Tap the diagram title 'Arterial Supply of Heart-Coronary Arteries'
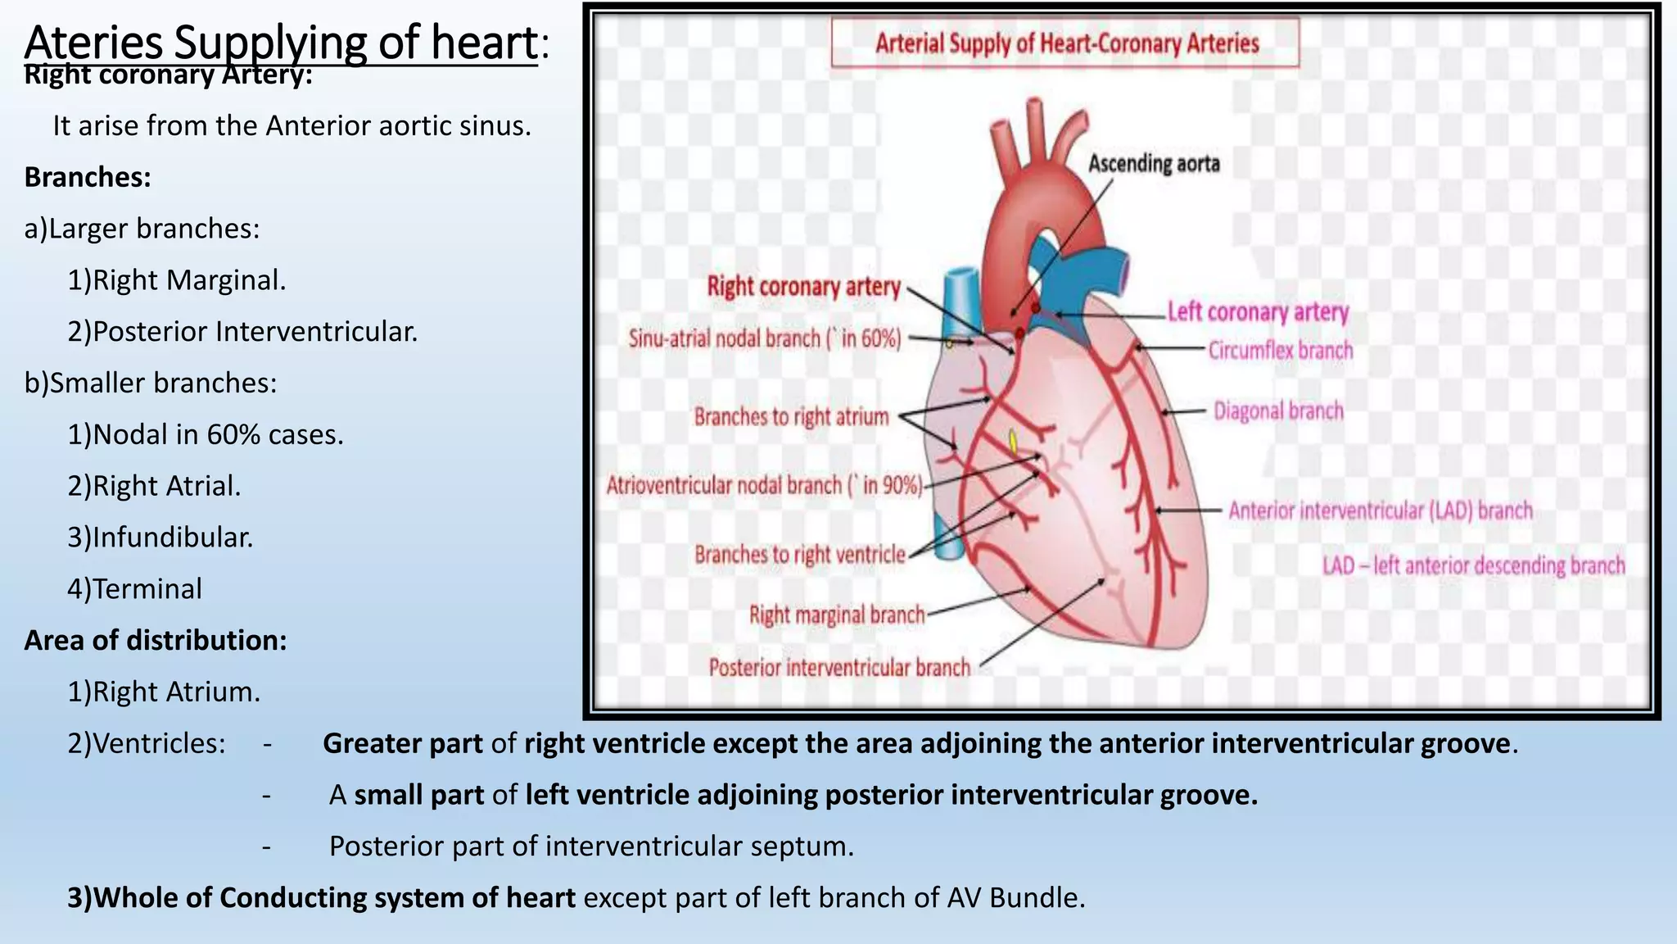point(1066,43)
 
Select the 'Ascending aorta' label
point(1153,164)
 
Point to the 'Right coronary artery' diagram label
point(803,287)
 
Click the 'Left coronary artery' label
point(1257,312)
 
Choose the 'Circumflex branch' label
point(1281,351)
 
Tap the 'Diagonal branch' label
point(1278,411)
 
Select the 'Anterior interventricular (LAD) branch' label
point(1380,511)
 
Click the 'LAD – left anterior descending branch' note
point(1473,565)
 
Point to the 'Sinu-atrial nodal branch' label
point(764,338)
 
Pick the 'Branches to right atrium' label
point(791,417)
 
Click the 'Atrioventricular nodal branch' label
point(764,485)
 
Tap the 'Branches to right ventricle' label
point(800,555)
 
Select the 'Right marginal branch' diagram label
point(837,615)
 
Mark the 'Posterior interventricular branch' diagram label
point(839,668)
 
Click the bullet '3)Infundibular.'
point(160,538)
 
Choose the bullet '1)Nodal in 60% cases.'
point(206,434)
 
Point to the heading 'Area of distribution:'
point(156,640)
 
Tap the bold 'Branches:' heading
point(88,177)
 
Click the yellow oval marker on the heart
point(1013,442)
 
